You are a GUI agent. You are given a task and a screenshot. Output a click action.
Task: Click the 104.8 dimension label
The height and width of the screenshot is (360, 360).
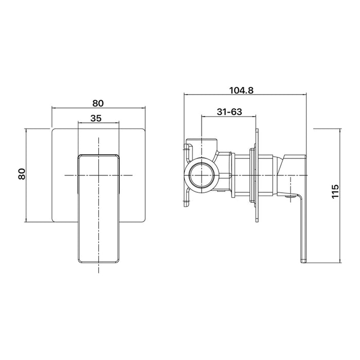pos(242,91)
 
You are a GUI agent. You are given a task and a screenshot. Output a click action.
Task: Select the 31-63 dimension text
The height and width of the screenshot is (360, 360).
pos(229,112)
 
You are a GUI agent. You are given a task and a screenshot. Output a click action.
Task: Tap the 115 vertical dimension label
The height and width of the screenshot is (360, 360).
pos(335,191)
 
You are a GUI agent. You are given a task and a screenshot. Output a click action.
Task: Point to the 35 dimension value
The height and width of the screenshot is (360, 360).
pos(96,118)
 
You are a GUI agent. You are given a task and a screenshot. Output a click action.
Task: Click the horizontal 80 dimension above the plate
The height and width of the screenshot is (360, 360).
pos(98,103)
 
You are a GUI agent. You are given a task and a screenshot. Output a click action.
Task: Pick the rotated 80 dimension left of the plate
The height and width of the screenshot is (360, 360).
pos(22,174)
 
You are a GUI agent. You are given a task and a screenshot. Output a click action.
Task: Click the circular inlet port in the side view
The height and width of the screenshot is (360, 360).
pos(202,175)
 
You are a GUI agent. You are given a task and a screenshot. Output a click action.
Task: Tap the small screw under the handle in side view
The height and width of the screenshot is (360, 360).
pos(291,196)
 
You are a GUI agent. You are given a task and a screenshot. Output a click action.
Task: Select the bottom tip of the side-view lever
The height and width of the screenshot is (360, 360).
pos(303,261)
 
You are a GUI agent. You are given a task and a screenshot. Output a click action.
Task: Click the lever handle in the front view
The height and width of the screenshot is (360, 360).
pos(99,208)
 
